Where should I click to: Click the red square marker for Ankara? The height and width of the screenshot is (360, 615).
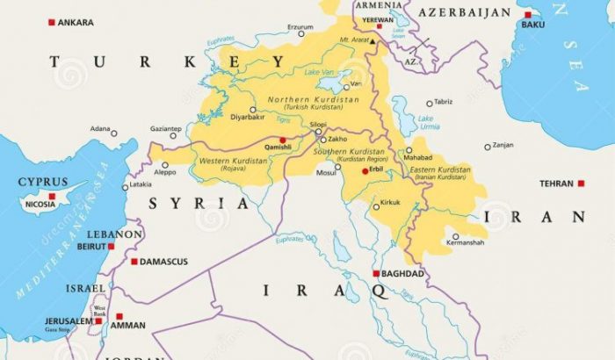52,22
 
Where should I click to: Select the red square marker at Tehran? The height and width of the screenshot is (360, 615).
581,184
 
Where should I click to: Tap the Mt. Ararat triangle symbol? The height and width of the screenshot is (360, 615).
373,41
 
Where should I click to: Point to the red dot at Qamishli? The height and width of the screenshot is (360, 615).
282,140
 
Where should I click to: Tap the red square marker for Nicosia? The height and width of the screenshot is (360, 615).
52,196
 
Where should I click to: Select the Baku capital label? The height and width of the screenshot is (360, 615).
533,25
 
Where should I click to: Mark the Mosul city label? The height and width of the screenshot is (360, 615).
326,173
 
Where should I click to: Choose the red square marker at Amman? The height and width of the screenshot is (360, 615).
119,316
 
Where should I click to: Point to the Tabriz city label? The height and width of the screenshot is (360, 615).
443,102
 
